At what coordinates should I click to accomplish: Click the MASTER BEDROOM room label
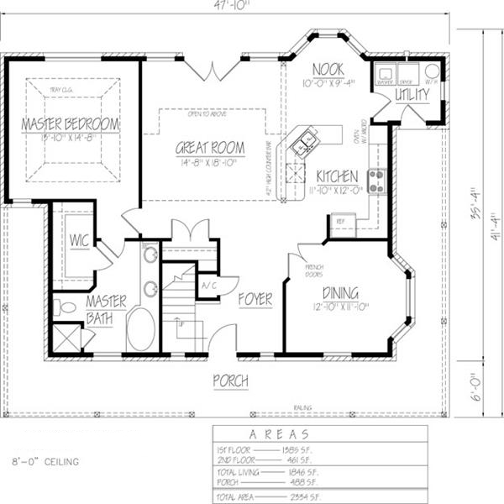pos(70,124)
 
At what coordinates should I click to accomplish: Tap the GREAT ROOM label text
pos(210,148)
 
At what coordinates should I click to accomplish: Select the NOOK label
pos(328,69)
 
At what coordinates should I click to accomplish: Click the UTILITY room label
pos(412,94)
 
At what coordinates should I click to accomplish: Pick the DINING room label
pos(340,293)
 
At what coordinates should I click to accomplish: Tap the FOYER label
pos(255,298)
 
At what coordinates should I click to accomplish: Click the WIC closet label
pos(80,240)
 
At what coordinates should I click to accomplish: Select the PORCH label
pos(230,381)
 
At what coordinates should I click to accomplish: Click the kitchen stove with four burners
pos(375,180)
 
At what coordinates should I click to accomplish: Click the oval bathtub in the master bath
pos(140,328)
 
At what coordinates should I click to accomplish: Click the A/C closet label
pos(207,286)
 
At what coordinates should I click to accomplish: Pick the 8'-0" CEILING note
pos(46,461)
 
